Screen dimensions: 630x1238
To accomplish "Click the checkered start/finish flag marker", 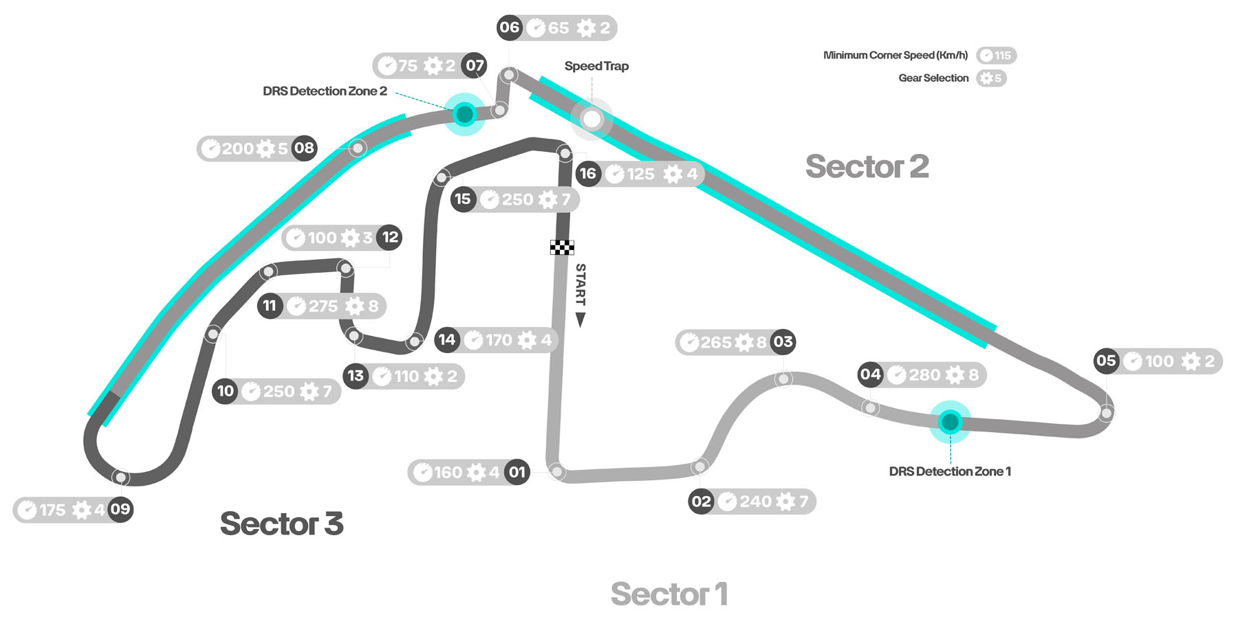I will tap(562, 247).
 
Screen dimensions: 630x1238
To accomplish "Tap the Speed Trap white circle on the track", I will tap(591, 119).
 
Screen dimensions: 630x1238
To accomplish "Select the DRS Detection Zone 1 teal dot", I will tap(950, 422).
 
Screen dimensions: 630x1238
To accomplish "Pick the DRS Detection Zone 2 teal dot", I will tap(465, 114).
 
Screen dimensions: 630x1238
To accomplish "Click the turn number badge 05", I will tap(1106, 361).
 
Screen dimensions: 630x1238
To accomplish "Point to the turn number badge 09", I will tap(120, 510).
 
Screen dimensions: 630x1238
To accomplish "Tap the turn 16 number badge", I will tap(587, 174).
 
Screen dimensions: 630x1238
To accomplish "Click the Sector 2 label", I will tap(867, 167).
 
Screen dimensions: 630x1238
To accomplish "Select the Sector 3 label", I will tap(281, 524).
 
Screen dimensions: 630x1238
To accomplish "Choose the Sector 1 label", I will tap(669, 594).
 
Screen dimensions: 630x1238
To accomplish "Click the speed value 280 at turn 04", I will tap(924, 375).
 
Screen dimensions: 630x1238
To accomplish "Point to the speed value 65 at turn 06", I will tap(558, 28).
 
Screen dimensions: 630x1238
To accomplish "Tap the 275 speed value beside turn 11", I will tap(323, 306).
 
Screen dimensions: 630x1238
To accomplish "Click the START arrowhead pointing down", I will tap(580, 319).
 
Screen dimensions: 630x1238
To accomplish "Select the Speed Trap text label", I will tap(596, 67).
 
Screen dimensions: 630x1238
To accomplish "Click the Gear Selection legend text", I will tap(933, 78).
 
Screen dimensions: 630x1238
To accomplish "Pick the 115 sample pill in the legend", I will tap(996, 56).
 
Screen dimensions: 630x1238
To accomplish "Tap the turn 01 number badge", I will tap(517, 473).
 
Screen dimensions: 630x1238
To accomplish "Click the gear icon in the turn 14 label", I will tap(527, 340).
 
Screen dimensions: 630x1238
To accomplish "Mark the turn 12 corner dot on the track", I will tap(346, 268).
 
